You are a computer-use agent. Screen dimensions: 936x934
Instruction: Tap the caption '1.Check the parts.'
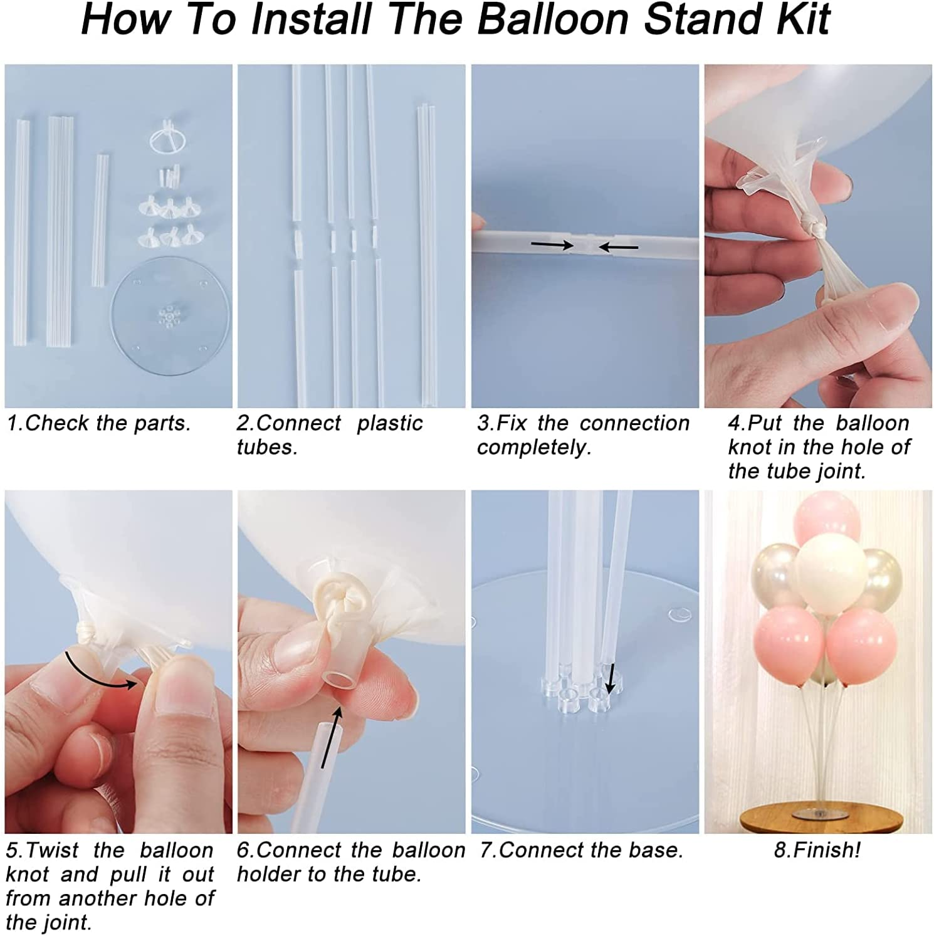(98, 423)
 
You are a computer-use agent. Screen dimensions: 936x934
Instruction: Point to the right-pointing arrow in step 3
(552, 245)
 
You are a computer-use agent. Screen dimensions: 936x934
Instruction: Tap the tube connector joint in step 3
(585, 245)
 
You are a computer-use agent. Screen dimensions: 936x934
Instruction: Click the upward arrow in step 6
(332, 737)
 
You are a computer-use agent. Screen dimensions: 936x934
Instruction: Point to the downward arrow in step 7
(610, 678)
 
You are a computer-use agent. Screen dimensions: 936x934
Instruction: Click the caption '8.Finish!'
(817, 850)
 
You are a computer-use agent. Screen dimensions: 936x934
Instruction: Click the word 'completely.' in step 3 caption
(534, 448)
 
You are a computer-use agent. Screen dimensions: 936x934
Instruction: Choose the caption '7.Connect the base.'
(581, 850)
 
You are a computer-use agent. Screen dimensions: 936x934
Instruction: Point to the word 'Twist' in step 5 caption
(53, 851)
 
